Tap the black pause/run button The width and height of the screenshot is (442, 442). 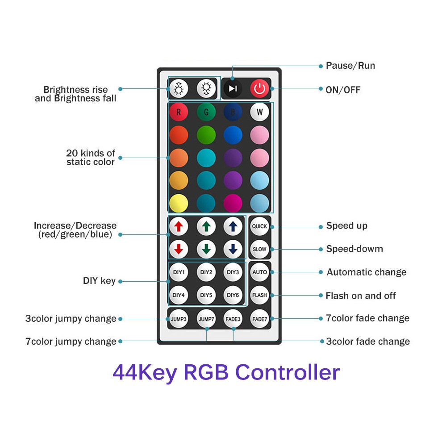point(233,88)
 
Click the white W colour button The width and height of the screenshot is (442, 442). point(259,112)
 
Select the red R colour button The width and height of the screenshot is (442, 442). point(179,112)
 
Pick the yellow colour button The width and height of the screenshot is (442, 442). point(179,203)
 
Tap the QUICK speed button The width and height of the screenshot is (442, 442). point(259,226)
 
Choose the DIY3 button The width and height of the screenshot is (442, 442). point(233,272)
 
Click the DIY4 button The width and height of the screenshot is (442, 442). point(179,295)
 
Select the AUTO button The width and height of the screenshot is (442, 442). point(259,272)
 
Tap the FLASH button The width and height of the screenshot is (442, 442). point(259,295)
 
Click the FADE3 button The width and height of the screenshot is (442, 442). point(233,319)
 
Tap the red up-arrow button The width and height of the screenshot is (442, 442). point(179,226)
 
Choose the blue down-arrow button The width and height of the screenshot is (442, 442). point(233,249)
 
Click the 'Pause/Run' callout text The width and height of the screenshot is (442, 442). point(350,66)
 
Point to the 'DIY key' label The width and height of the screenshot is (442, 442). point(99,281)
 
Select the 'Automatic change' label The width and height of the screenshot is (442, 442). point(367,272)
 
